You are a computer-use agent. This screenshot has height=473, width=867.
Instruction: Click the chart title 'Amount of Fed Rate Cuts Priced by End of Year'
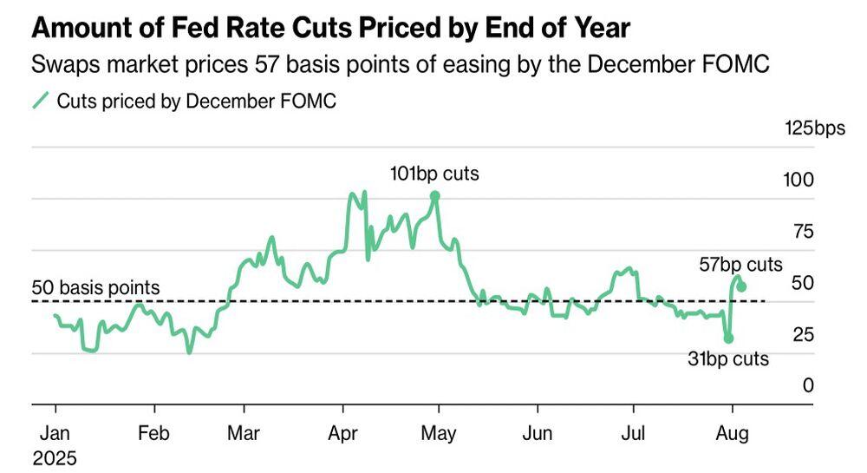330,29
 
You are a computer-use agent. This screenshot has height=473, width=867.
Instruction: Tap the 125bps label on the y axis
814,129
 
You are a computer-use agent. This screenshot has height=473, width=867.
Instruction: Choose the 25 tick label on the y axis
804,334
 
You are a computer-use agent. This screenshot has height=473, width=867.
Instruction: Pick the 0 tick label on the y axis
808,385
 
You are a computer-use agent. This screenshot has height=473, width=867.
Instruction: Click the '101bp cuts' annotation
434,174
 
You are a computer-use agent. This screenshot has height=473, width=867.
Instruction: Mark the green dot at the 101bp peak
435,196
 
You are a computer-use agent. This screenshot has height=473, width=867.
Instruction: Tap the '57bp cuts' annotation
741,265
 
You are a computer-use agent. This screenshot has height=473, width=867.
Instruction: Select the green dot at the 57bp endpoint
742,286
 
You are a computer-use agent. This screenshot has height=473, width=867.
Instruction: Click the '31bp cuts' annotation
728,358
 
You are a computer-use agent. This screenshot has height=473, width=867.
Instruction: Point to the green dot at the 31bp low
729,338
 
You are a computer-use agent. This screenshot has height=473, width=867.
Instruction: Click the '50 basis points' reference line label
95,287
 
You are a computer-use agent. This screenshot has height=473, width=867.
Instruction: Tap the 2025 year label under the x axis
55,457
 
